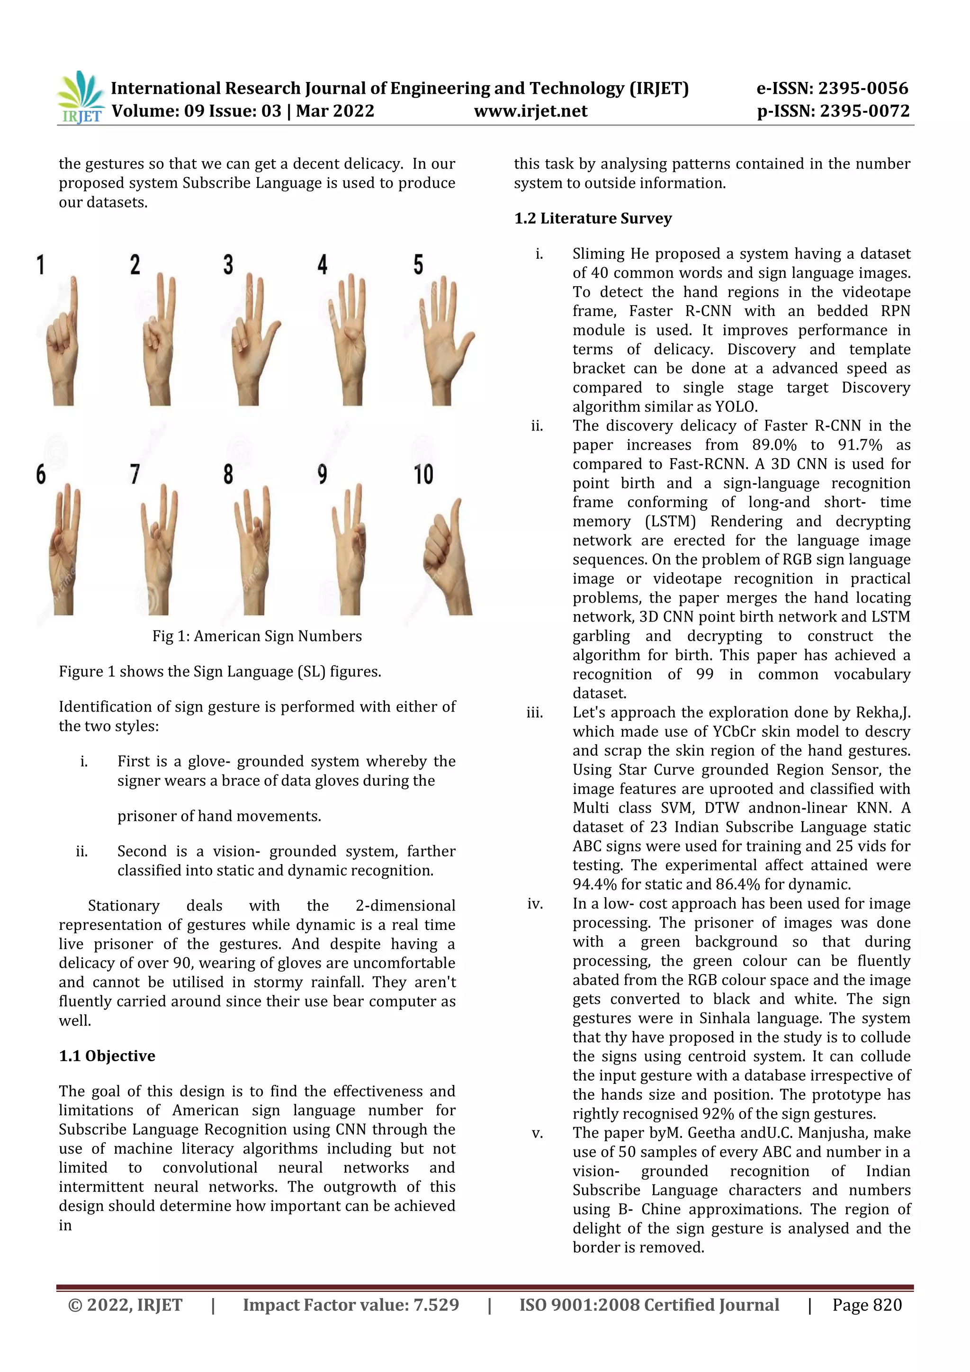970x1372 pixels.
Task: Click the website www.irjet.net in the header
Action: pyautogui.click(x=530, y=111)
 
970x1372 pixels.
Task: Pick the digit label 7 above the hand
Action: pyautogui.click(x=135, y=474)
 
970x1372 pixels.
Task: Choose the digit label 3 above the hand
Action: pyautogui.click(x=228, y=265)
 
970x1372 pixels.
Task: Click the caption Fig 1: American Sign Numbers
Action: pyautogui.click(x=257, y=636)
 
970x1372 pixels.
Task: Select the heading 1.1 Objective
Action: pyautogui.click(x=107, y=1056)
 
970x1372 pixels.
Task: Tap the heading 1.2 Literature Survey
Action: pyautogui.click(x=593, y=219)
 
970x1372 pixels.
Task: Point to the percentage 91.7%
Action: pyautogui.click(x=860, y=445)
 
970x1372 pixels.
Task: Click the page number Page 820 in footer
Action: pyautogui.click(x=867, y=1305)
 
